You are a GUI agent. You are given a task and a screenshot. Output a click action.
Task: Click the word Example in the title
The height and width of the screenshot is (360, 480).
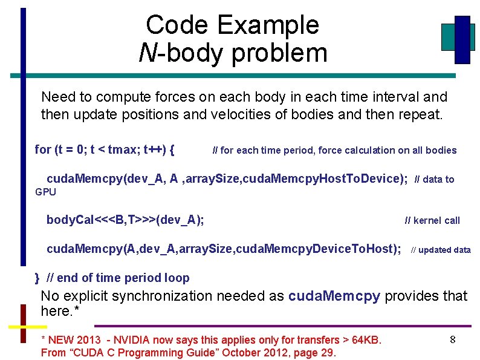268,25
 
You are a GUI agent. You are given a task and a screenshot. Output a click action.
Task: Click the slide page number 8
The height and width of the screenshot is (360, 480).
452,340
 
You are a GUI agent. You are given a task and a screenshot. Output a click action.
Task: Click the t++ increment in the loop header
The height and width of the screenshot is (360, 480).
154,149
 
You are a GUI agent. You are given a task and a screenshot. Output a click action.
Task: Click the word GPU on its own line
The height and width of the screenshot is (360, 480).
45,192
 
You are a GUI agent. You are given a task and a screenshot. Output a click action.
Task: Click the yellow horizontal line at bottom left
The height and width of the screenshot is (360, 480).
27,327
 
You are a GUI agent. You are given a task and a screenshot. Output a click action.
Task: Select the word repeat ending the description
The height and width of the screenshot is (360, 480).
421,114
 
